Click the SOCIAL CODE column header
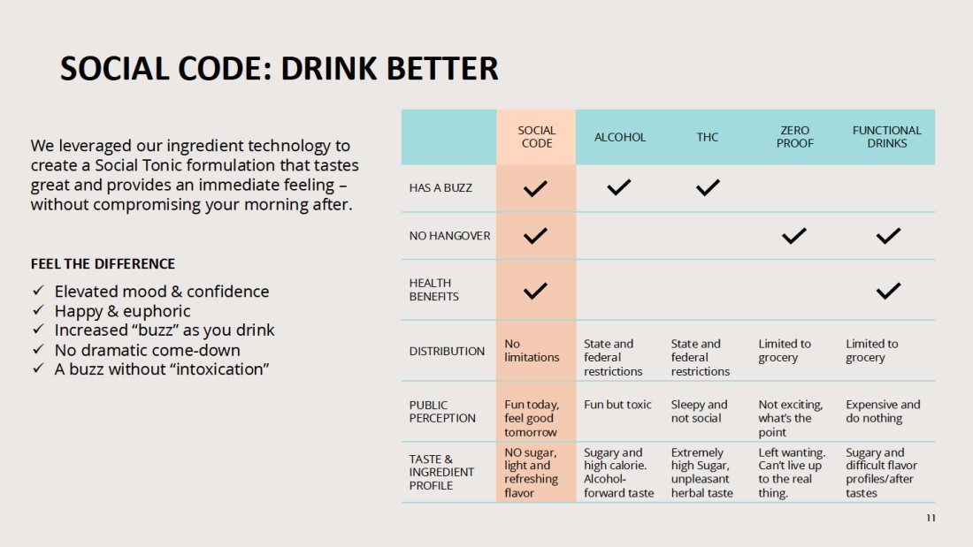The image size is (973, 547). tap(536, 137)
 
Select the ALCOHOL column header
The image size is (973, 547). tap(620, 137)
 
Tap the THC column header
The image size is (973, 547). tap(707, 137)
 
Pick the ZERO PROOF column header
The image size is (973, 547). tap(794, 137)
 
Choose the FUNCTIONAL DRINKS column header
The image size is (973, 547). tap(886, 137)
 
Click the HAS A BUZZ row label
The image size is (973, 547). tap(441, 188)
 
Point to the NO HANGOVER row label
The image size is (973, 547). tap(449, 236)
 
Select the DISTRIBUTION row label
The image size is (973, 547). tap(447, 351)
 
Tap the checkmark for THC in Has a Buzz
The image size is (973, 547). tap(708, 187)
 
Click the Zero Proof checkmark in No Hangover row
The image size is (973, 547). tap(793, 236)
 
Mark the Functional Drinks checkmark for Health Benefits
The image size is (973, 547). tap(888, 290)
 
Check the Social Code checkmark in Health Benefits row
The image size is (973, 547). tap(535, 290)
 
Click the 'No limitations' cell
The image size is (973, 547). tap(532, 351)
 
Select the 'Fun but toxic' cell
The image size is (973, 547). tap(617, 405)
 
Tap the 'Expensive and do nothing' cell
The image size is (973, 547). tap(883, 411)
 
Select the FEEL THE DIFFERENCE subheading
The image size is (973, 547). tap(103, 263)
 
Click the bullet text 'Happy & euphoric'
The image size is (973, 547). tap(122, 311)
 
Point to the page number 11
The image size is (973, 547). tap(931, 518)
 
